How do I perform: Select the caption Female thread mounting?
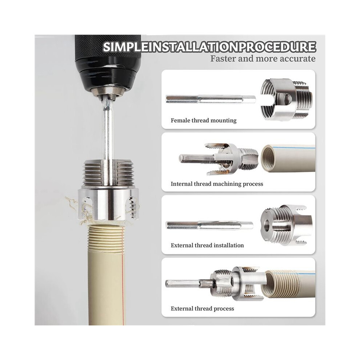[x=203, y=120]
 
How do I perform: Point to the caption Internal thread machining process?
[x=217, y=184]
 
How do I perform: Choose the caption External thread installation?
[x=207, y=245]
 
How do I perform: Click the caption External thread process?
[x=202, y=308]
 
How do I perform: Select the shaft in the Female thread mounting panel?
[x=211, y=99]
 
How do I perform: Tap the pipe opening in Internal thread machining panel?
[x=271, y=159]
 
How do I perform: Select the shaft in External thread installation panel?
[x=209, y=225]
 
